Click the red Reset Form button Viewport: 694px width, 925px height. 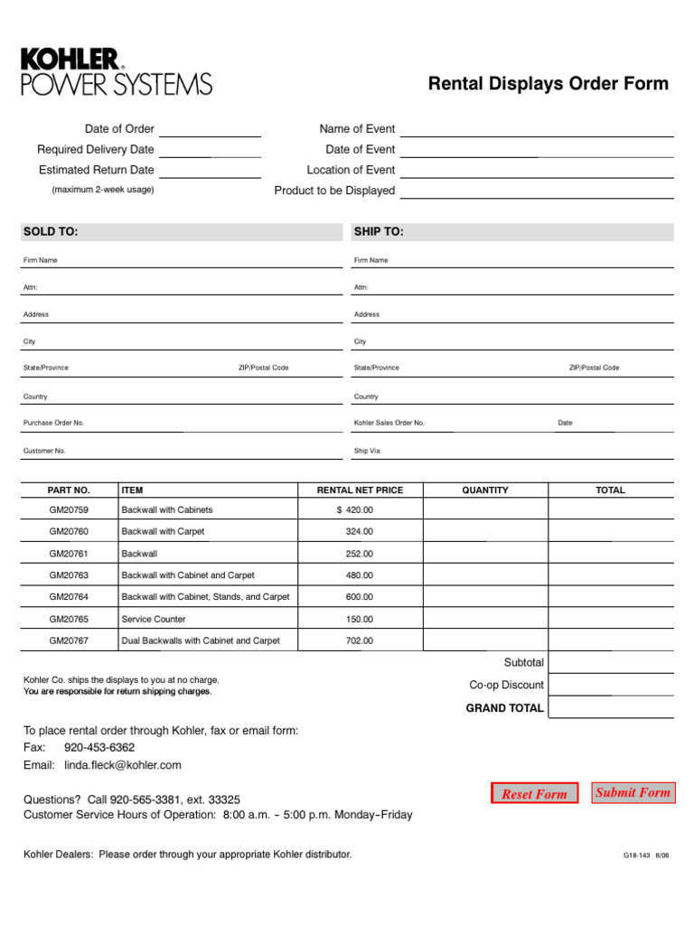tap(534, 794)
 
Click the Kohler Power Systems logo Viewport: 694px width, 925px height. tap(117, 72)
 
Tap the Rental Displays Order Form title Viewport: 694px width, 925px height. tap(548, 84)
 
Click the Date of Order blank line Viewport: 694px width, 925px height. tap(211, 130)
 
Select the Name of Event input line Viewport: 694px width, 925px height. tap(537, 130)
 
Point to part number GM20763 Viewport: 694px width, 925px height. tap(69, 575)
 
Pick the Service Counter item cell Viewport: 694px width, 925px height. tap(154, 619)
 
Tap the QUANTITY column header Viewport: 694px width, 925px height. tap(485, 491)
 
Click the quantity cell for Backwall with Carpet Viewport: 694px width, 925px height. tap(485, 532)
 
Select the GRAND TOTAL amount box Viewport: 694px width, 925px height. tap(611, 707)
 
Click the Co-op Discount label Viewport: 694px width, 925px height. tap(506, 685)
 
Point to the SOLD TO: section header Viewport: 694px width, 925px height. tap(52, 232)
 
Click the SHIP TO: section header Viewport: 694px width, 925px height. tap(379, 232)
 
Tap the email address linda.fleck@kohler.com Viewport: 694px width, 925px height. tap(123, 765)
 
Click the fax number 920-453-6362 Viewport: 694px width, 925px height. tap(99, 748)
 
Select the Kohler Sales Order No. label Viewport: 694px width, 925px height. tap(389, 423)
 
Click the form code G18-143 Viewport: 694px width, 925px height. tap(636, 855)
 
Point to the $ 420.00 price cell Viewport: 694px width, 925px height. tap(355, 510)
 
